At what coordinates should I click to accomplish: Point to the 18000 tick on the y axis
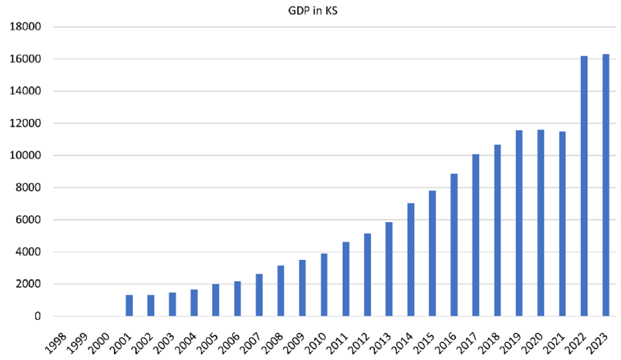[26, 27]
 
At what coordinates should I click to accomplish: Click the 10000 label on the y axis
[26, 156]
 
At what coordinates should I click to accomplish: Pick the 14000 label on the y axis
[26, 91]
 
